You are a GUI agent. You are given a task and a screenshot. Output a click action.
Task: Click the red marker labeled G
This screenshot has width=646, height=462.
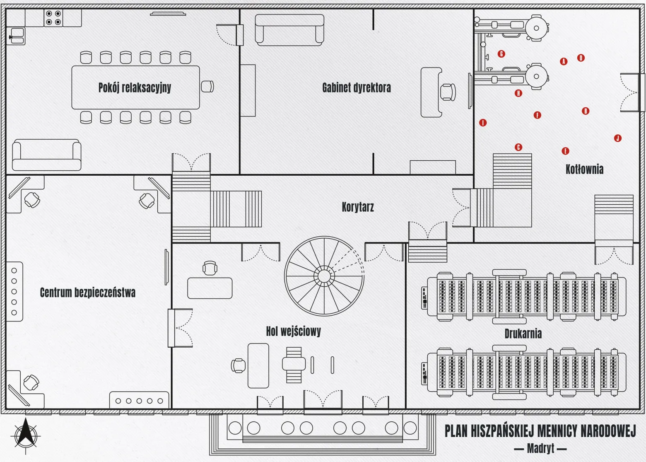pos(501,54)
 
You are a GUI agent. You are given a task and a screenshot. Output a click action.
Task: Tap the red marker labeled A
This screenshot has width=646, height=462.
pos(564,61)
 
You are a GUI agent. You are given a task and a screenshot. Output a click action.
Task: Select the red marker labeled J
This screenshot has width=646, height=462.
pos(617,138)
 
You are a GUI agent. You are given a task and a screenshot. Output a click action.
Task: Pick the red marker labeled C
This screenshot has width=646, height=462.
pos(518,147)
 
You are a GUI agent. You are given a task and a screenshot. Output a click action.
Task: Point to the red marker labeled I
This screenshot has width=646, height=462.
pos(483,123)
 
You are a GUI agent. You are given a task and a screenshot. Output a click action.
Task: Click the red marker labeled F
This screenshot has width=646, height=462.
pos(537,115)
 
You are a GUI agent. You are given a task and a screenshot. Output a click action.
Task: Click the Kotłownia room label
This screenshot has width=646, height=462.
pos(584,169)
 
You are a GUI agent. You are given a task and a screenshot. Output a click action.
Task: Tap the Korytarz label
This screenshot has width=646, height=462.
pos(358,207)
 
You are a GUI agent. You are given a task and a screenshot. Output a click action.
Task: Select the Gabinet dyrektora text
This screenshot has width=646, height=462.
pos(357,88)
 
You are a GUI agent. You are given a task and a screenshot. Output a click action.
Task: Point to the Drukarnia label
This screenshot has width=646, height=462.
pos(523,334)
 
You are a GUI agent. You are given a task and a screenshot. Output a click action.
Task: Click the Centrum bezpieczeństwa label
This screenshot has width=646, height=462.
pos(88,292)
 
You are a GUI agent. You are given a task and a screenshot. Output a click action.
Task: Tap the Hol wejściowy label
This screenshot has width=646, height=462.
pos(293,331)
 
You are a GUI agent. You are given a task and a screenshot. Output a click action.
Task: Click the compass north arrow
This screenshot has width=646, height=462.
pos(26,432)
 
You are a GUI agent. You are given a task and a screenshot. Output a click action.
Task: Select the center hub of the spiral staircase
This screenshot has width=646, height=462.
pos(324,276)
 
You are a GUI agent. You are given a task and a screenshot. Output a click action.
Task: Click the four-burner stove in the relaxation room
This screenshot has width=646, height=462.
pos(53,18)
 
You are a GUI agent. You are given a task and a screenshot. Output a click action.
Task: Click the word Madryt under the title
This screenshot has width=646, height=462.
pos(540,448)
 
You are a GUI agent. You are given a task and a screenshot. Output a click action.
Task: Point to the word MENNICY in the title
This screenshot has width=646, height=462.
pos(557,431)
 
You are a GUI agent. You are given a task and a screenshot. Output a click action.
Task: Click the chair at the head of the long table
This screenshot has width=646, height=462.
pos(207,86)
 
